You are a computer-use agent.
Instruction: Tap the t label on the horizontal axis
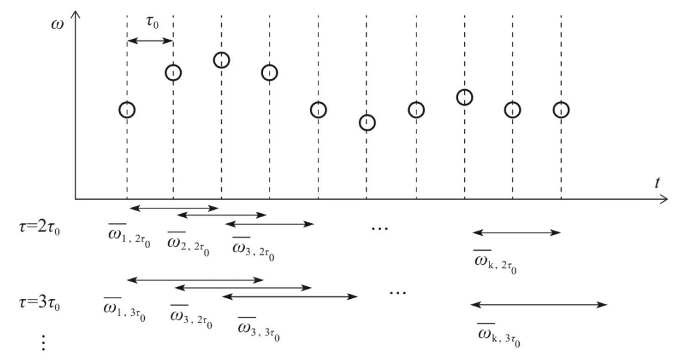[658, 182]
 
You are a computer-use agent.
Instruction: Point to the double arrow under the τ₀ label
[150, 41]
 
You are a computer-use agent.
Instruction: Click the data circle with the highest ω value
[222, 60]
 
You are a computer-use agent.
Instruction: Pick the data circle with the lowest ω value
[367, 122]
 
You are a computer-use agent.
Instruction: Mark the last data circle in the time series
[561, 109]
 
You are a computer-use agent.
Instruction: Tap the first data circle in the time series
[127, 109]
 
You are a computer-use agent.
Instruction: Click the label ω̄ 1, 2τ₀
[124, 237]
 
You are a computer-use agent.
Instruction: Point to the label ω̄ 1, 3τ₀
[125, 308]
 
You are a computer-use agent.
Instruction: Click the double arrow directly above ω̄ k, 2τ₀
[516, 233]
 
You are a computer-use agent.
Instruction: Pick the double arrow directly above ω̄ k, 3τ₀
[538, 305]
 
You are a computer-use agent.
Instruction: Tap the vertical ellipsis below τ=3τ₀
[44, 342]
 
